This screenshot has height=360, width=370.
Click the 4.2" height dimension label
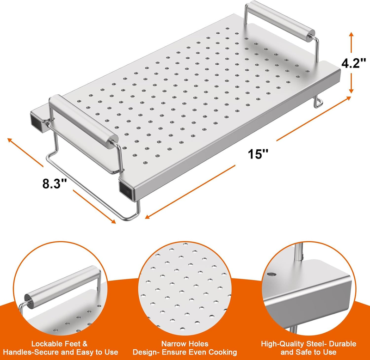pyautogui.click(x=354, y=63)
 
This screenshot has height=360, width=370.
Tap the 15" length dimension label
pyautogui.click(x=258, y=154)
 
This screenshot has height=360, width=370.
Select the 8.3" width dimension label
pyautogui.click(x=55, y=183)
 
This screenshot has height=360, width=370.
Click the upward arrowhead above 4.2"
pyautogui.click(x=351, y=35)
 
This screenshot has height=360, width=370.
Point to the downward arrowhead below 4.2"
pyautogui.click(x=351, y=90)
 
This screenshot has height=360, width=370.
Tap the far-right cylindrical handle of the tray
pyautogui.click(x=280, y=20)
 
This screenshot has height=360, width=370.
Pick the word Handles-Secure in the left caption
pyautogui.click(x=31, y=352)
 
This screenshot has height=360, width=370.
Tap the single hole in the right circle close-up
pyautogui.click(x=271, y=274)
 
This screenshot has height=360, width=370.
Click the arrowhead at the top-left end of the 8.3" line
pyautogui.click(x=10, y=140)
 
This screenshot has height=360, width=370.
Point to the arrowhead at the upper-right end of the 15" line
pyautogui.click(x=348, y=98)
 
